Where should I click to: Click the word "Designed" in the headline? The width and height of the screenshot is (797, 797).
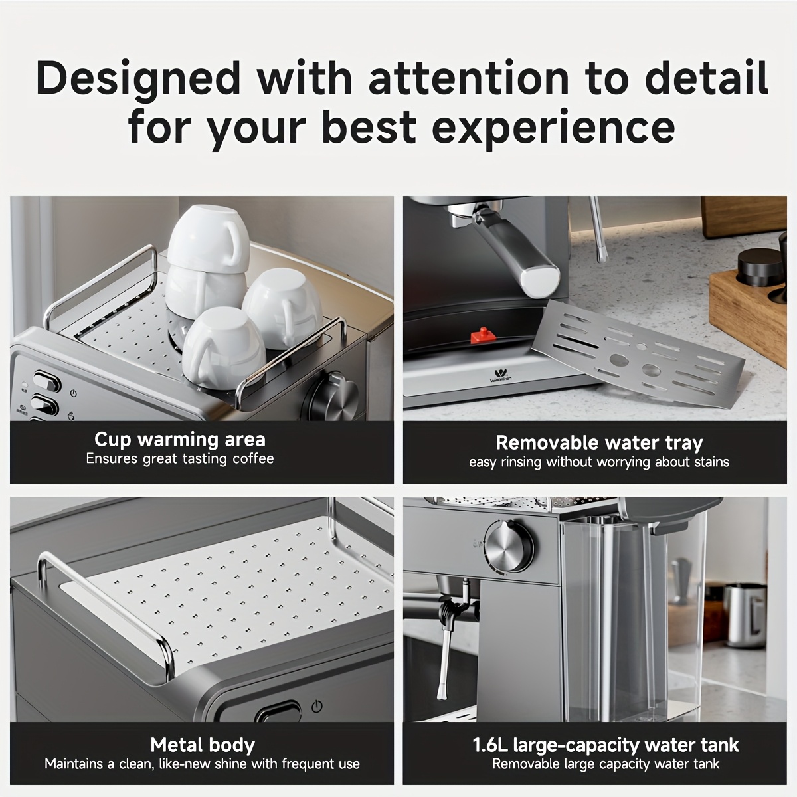point(138,78)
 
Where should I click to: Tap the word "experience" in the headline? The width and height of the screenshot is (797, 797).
point(553,127)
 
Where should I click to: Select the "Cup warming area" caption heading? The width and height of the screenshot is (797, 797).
point(180,440)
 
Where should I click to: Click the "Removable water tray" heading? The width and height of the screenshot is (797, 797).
point(599,443)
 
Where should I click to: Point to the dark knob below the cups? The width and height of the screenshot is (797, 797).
point(332,397)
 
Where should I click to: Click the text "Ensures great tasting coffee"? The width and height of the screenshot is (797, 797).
point(180,459)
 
